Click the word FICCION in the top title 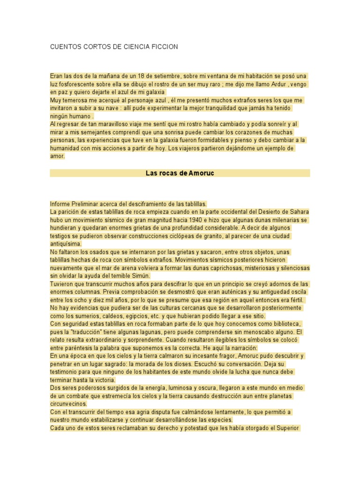click(165, 47)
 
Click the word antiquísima click(66, 244)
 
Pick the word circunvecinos click(69, 404)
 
